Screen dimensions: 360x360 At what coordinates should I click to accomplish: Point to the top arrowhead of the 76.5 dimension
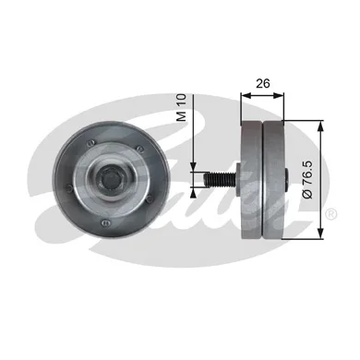click(319, 123)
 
